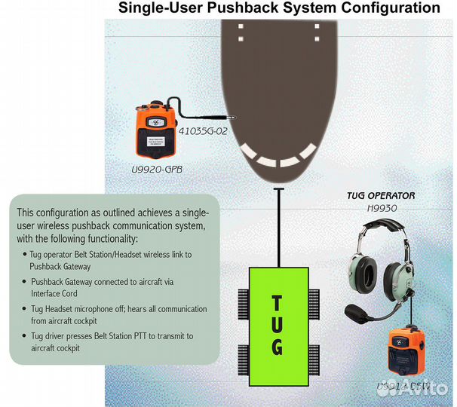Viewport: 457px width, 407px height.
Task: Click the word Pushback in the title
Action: (245, 8)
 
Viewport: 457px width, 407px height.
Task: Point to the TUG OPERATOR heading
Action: (380, 196)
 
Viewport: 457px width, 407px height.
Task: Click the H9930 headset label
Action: (381, 208)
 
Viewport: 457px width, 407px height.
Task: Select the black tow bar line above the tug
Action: (278, 226)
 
